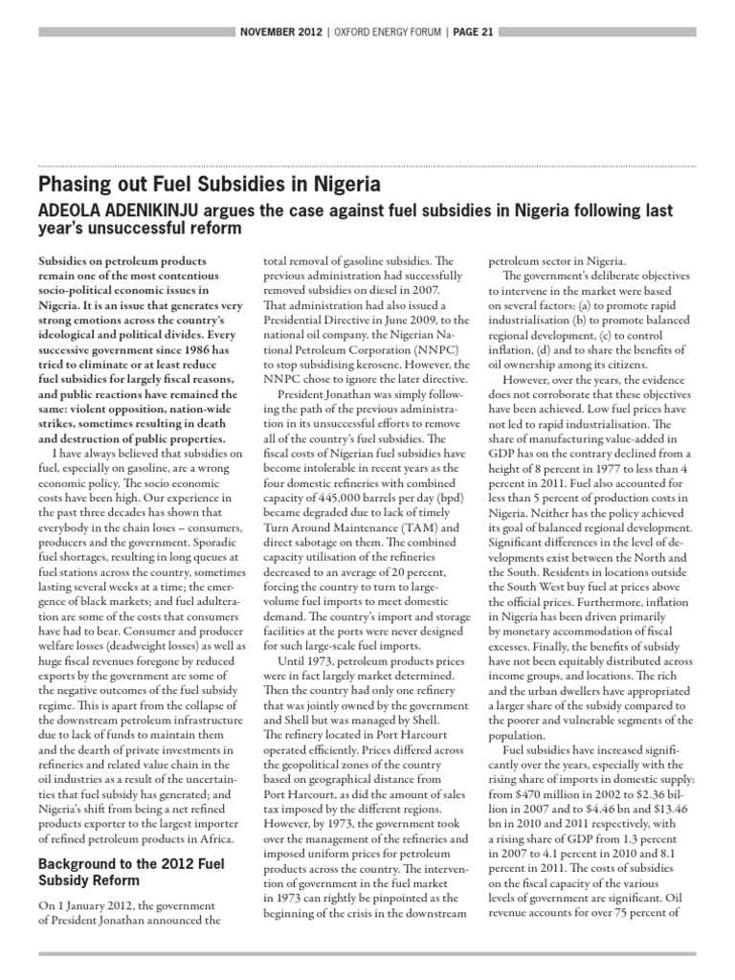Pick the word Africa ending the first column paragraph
coord(210,840)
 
